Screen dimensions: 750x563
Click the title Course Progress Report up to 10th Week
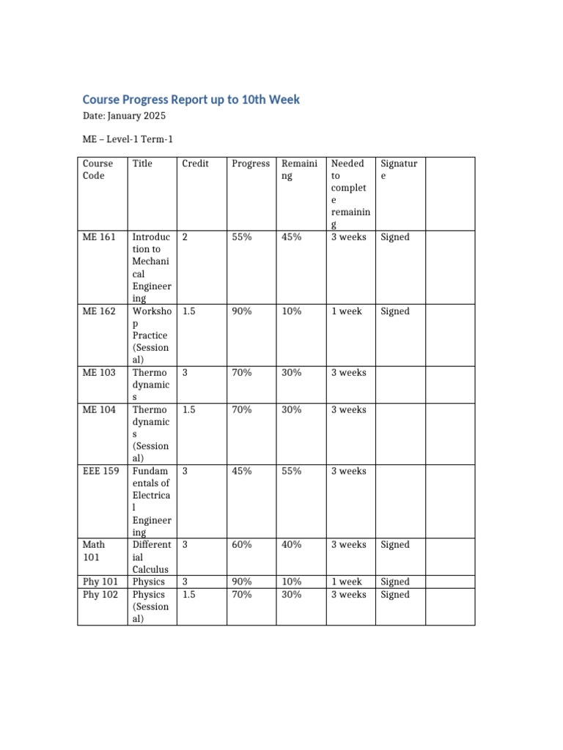pyautogui.click(x=191, y=100)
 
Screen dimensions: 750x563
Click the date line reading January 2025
pyautogui.click(x=124, y=116)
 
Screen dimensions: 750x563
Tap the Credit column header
pyautogui.click(x=195, y=163)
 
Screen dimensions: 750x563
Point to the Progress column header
pyautogui.click(x=250, y=163)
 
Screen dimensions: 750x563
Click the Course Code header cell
pyautogui.click(x=97, y=169)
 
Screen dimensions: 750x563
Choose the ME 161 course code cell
pyautogui.click(x=99, y=237)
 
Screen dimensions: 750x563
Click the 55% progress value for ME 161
pyautogui.click(x=241, y=237)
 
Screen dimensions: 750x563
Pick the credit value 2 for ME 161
pyautogui.click(x=185, y=237)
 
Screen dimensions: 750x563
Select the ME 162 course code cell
pyautogui.click(x=99, y=311)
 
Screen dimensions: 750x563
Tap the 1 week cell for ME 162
pyautogui.click(x=346, y=311)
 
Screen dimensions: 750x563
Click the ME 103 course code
pyautogui.click(x=99, y=373)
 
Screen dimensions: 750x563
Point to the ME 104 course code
pyautogui.click(x=99, y=410)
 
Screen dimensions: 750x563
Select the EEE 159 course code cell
pyautogui.click(x=100, y=472)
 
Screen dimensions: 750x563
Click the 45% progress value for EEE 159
pyautogui.click(x=241, y=472)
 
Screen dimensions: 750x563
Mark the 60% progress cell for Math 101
pyautogui.click(x=241, y=545)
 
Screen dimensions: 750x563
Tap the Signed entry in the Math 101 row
pyautogui.click(x=395, y=545)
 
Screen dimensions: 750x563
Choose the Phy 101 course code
pyautogui.click(x=100, y=582)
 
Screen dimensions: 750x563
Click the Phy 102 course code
pyautogui.click(x=100, y=595)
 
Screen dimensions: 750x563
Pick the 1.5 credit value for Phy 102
pyautogui.click(x=188, y=595)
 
